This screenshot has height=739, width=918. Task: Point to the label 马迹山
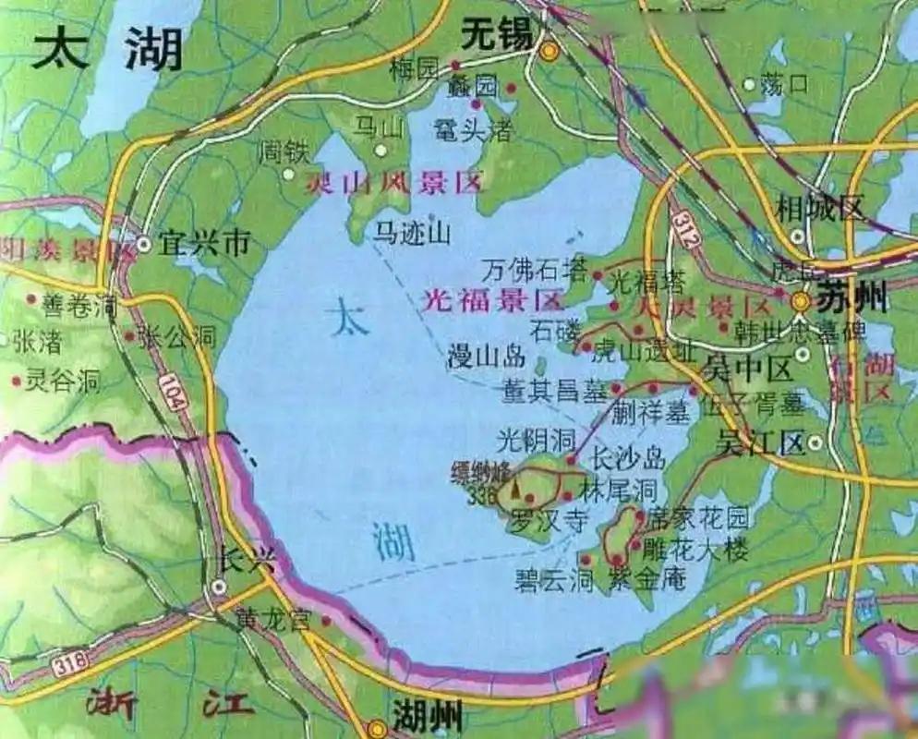coord(412,234)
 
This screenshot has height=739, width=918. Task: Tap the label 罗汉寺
coord(550,520)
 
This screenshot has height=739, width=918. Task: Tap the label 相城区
coord(819,207)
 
